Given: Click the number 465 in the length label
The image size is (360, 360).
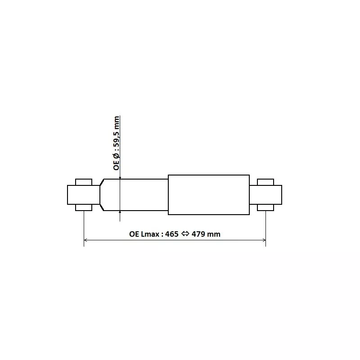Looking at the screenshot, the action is point(171,234).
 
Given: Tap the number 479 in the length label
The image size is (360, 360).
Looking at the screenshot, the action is point(198,234).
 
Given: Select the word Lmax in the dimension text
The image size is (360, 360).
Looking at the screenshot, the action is point(150,234).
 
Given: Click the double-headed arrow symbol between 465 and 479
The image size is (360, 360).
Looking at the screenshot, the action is point(185,234).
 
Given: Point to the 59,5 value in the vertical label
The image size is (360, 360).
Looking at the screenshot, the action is point(117,139).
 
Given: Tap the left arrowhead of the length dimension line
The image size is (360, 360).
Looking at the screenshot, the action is point(85,240).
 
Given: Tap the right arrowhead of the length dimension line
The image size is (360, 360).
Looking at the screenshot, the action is point(264,240).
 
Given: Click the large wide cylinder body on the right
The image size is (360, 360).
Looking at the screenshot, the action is point(209,195).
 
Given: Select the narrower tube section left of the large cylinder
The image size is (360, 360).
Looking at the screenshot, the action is point(135,195).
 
